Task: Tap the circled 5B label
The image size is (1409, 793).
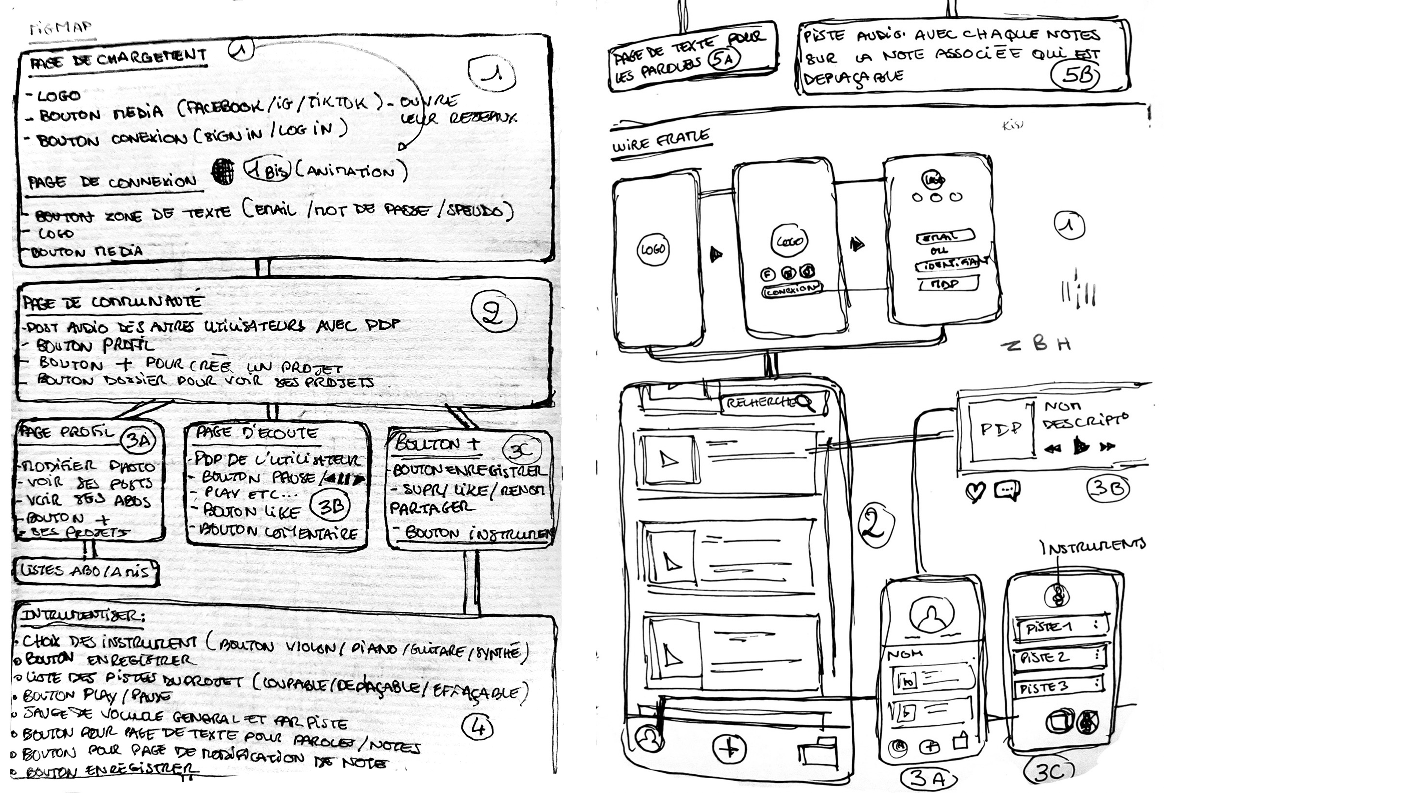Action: [x=1075, y=76]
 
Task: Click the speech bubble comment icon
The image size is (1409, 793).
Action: [x=1006, y=490]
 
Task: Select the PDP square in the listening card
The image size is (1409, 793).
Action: [x=1000, y=429]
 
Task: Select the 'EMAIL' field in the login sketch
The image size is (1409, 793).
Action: [x=944, y=237]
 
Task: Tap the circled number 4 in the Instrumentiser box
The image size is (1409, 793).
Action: [x=477, y=727]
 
